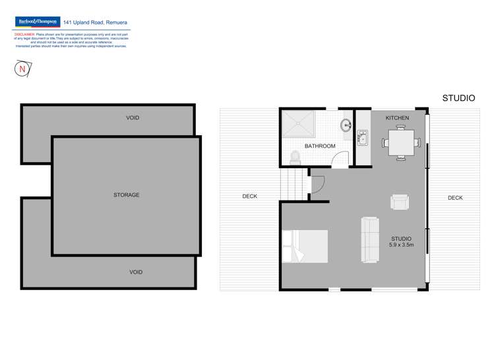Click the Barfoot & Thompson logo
(38, 22)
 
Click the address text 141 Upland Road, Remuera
(96, 22)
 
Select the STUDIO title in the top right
(458, 98)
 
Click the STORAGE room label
(126, 195)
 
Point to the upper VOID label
(133, 118)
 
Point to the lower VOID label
(136, 272)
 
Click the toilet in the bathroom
(295, 157)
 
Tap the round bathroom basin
(345, 125)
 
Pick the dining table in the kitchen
(400, 141)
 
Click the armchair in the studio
(400, 202)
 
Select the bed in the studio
(305, 246)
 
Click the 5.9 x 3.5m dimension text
(401, 245)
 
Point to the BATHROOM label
(320, 146)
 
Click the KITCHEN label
(397, 118)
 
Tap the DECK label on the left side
(249, 196)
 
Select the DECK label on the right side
(455, 198)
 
